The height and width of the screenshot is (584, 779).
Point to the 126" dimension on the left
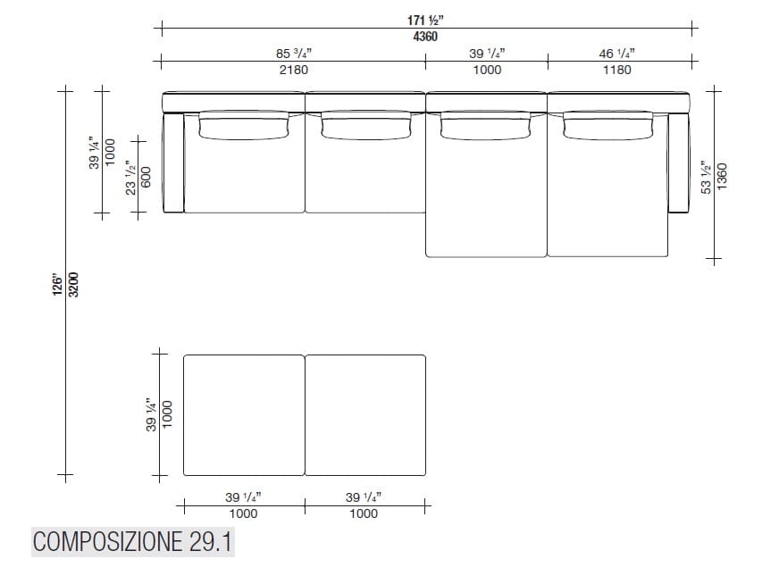click(58, 286)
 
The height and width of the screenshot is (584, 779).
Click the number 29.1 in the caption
click(211, 542)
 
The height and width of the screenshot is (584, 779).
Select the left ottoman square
click(244, 414)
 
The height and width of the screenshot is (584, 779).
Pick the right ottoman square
click(365, 414)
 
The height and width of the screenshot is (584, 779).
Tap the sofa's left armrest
click(173, 161)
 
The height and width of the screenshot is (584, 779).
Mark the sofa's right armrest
click(679, 161)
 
